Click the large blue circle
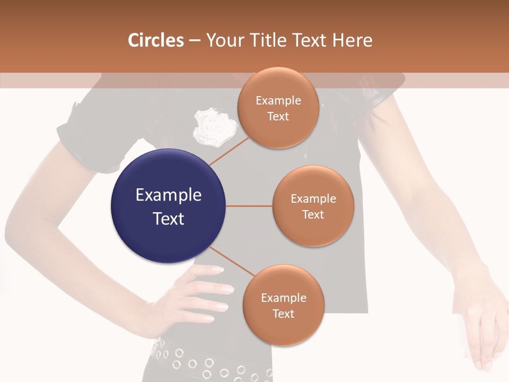click(x=168, y=206)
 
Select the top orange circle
click(x=278, y=108)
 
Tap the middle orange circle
click(x=313, y=206)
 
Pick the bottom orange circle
click(x=283, y=305)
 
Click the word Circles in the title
click(x=156, y=40)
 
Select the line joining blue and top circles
click(x=229, y=151)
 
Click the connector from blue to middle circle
click(x=249, y=206)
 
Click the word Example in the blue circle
click(x=169, y=195)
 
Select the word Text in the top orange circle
click(x=278, y=117)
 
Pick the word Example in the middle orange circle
click(x=313, y=199)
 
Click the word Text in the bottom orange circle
click(x=283, y=314)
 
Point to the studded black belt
click(x=207, y=361)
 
